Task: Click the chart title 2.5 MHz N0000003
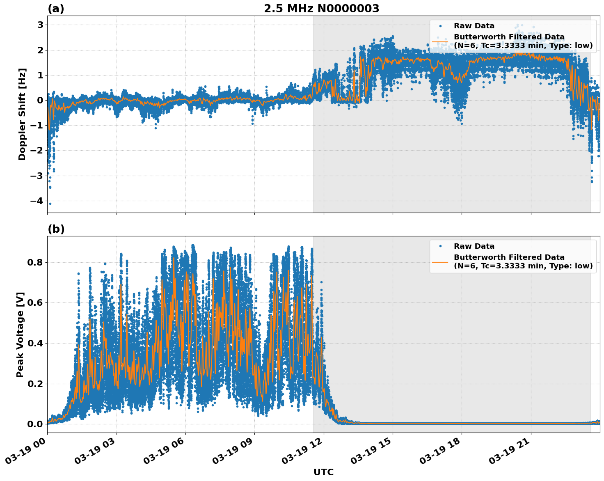point(321,9)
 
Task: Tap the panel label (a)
point(56,9)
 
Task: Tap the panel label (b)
point(56,229)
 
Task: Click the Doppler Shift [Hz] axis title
point(22,114)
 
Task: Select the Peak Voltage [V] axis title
point(20,334)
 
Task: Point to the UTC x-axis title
point(323,472)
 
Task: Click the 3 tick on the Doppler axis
point(40,25)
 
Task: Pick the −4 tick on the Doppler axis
point(37,201)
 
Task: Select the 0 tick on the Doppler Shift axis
point(40,101)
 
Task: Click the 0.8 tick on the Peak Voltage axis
point(35,262)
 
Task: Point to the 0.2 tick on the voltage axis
point(35,384)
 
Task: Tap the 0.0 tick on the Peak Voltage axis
point(35,424)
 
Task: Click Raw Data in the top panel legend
point(474,26)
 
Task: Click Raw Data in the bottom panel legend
point(474,246)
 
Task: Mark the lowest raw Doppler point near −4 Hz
point(50,204)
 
